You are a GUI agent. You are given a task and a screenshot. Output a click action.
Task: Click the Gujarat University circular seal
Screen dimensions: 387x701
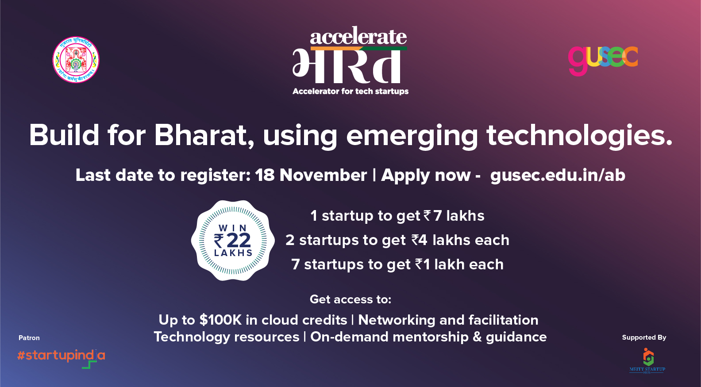click(76, 60)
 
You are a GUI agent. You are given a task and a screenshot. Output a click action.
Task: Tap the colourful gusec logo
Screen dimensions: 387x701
click(603, 59)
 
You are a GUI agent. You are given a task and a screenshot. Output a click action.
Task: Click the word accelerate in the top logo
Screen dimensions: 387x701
click(358, 37)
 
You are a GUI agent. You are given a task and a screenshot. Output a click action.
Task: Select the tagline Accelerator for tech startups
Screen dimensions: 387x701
click(350, 92)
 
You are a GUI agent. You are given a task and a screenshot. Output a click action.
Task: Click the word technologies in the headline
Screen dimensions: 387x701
click(579, 135)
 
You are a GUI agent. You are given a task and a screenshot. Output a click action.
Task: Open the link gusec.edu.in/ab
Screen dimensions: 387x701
click(558, 175)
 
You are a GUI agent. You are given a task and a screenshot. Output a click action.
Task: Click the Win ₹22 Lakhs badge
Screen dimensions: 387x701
click(233, 241)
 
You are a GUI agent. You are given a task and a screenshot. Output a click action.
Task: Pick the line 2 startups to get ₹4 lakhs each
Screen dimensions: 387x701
click(397, 240)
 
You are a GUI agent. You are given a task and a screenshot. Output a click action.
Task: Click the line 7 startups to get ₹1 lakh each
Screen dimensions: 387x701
click(397, 264)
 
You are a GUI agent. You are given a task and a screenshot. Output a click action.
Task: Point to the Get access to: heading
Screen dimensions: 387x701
click(350, 299)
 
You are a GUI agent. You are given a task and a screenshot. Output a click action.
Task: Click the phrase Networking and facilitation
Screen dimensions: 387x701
click(448, 320)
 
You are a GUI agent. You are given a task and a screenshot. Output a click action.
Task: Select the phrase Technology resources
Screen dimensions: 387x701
click(227, 337)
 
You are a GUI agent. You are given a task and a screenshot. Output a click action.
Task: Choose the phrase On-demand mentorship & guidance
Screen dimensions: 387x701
click(428, 337)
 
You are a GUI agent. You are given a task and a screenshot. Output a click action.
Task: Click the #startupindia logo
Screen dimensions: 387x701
click(61, 356)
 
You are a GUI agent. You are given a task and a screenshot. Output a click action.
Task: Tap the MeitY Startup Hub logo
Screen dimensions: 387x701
click(647, 361)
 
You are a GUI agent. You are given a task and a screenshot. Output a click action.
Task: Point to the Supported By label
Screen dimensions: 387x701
click(644, 337)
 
